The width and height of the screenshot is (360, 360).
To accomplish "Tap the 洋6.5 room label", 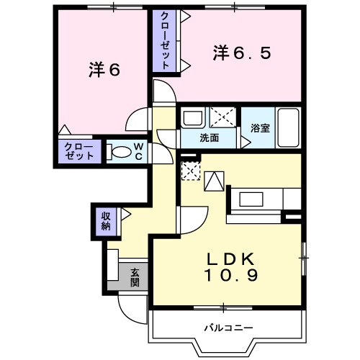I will pyautogui.click(x=242, y=53).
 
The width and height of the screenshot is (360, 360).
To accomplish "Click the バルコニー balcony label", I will pyautogui.click(x=228, y=328).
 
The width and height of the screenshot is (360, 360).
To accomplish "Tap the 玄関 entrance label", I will pyautogui.click(x=135, y=277).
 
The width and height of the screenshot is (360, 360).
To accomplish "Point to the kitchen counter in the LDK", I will pyautogui.click(x=264, y=198).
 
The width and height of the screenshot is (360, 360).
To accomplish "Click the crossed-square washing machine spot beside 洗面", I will pyautogui.click(x=222, y=117).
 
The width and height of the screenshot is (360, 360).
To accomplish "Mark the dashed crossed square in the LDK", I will pyautogui.click(x=189, y=171).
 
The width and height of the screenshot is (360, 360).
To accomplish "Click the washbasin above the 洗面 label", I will pyautogui.click(x=192, y=117).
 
